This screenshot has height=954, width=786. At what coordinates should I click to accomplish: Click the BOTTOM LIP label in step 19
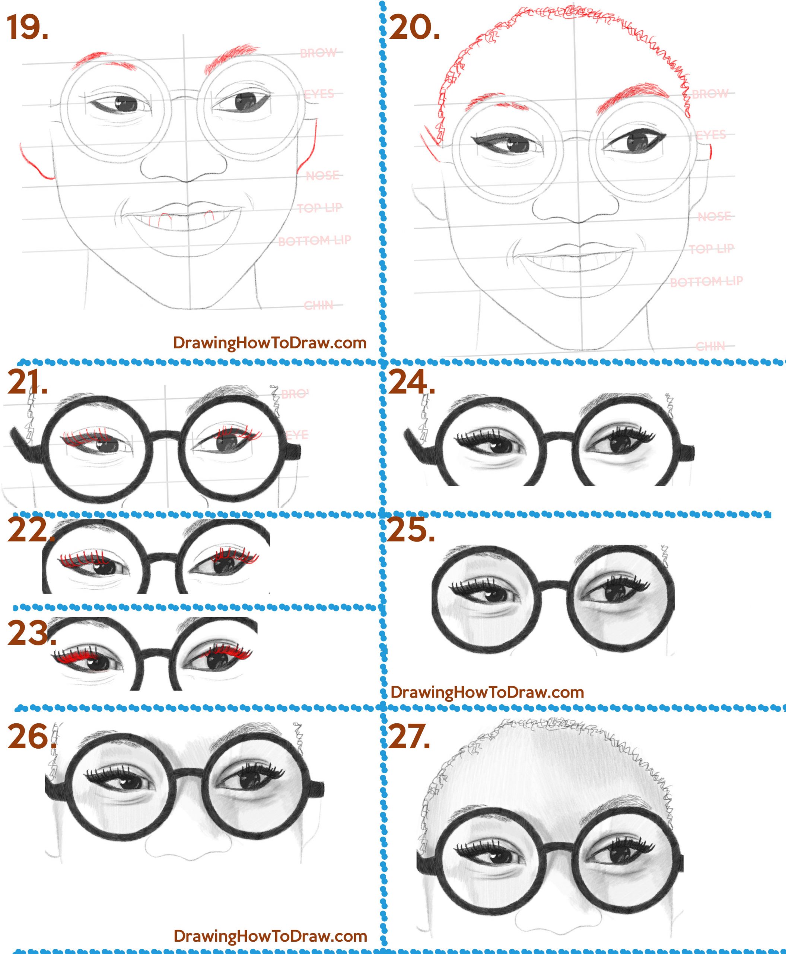314,241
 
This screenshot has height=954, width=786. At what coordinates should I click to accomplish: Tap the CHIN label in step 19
318,306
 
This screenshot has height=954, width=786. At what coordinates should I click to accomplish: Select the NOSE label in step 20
714,217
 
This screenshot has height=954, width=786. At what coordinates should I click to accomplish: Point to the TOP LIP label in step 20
711,249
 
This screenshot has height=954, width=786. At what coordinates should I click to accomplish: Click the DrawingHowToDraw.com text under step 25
487,692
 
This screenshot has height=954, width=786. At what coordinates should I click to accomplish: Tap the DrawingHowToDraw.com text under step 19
270,342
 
